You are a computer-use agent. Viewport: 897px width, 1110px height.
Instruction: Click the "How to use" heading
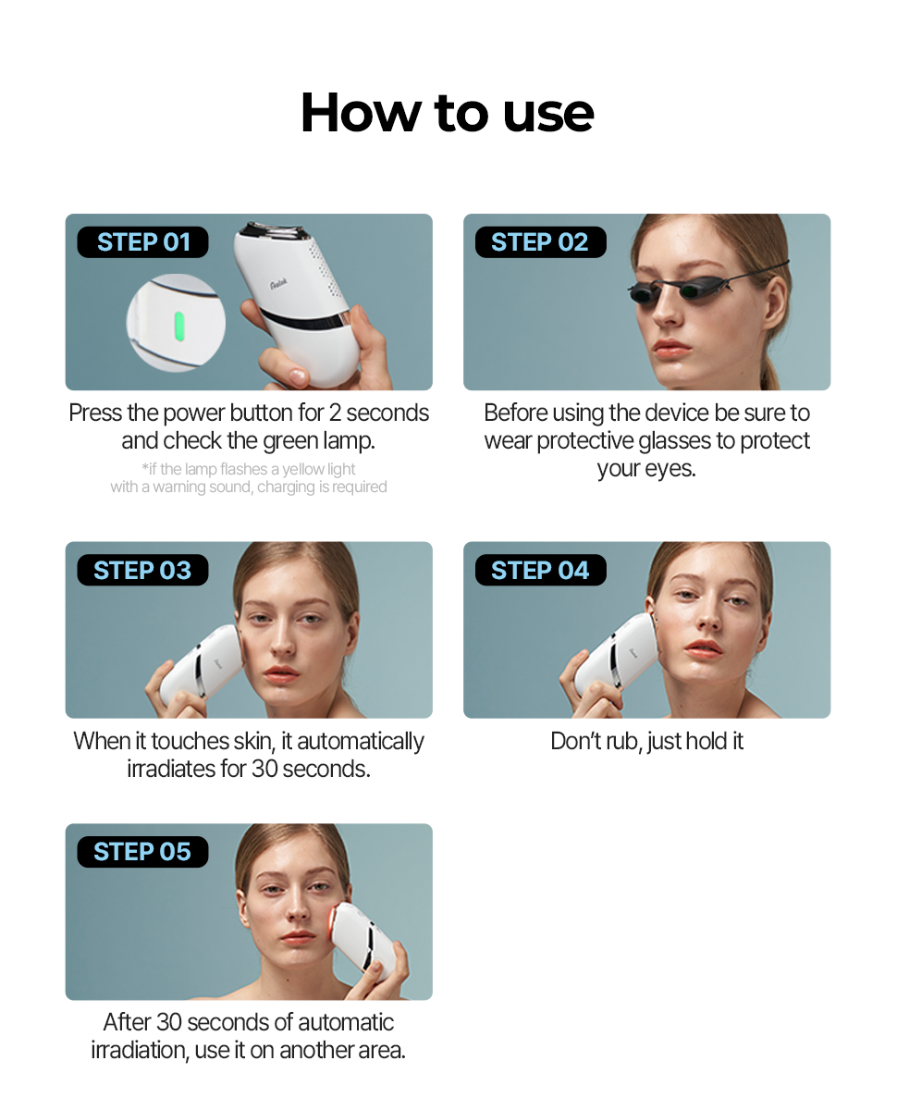[x=448, y=113]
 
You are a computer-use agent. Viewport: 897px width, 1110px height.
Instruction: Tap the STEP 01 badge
[x=142, y=241]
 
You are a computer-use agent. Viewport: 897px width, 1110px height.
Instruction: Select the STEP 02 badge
[x=540, y=241]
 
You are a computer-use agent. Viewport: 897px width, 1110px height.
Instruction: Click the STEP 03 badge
[x=142, y=570]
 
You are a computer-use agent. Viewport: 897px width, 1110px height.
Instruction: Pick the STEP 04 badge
[x=540, y=570]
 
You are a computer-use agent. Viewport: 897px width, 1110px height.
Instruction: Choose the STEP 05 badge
[x=142, y=852]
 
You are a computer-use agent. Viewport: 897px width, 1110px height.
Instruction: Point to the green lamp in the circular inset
[x=179, y=327]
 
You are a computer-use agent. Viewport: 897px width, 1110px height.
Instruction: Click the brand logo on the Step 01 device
[x=278, y=284]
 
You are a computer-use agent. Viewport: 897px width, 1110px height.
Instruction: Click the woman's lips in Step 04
[x=703, y=649]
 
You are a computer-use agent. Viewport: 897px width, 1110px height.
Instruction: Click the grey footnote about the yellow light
[x=249, y=477]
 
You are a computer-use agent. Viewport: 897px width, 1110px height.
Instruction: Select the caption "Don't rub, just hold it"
[x=646, y=741]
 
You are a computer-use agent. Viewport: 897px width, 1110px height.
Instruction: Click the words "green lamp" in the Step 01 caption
[x=318, y=441]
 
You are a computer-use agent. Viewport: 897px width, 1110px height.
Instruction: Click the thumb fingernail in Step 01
[x=298, y=376]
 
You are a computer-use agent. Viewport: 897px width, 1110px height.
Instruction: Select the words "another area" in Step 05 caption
[x=342, y=1050]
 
